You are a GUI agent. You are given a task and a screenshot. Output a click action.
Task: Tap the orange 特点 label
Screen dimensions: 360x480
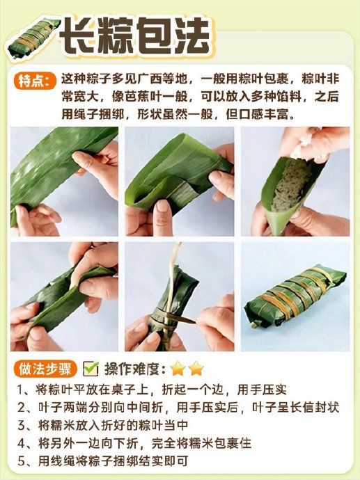[35, 81]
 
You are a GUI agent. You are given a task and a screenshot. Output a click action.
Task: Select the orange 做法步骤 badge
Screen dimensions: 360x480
[45, 369]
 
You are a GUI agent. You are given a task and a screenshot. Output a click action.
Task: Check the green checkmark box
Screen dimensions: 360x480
[91, 369]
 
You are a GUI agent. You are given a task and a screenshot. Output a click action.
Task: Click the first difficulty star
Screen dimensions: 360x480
[178, 369]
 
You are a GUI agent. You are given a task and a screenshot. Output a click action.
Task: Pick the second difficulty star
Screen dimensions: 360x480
[196, 369]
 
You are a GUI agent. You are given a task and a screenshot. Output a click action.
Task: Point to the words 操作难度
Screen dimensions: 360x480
[132, 369]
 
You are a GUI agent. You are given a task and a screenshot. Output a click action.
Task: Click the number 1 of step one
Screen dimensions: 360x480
[21, 390]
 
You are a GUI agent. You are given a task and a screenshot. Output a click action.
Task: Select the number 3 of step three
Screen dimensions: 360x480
[21, 426]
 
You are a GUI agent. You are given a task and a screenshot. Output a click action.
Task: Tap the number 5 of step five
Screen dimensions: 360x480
[21, 461]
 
